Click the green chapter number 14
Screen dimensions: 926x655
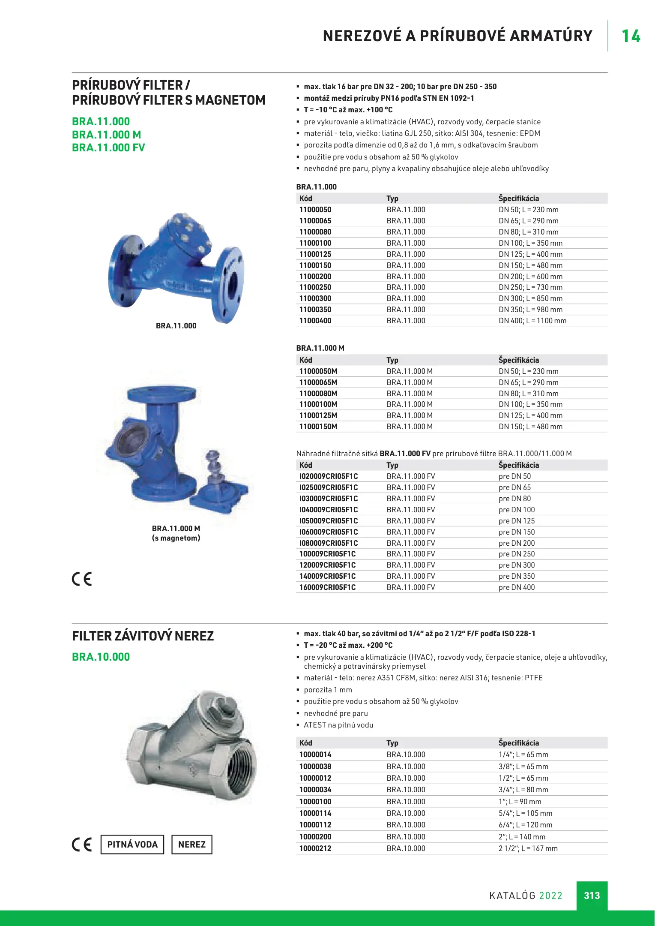point(631,36)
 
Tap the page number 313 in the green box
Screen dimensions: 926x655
point(592,895)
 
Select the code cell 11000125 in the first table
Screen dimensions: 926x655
point(315,254)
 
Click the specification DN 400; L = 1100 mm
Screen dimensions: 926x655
point(532,321)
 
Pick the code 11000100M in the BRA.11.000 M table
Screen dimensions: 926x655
point(318,404)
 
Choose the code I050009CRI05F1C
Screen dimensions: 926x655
point(329,521)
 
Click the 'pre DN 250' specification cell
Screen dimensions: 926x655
point(517,554)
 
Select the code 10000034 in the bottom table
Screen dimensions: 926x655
point(315,790)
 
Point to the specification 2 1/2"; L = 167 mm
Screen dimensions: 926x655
point(528,848)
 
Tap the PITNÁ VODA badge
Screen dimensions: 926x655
point(132,845)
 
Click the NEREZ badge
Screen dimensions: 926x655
point(192,845)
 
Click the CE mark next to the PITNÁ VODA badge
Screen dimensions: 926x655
point(81,845)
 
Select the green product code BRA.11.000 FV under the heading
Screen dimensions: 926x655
point(108,147)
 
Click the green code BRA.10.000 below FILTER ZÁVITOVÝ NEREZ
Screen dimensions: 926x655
point(101,657)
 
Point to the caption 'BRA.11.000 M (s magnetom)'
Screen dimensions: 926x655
point(176,533)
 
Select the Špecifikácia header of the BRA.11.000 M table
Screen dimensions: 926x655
point(518,360)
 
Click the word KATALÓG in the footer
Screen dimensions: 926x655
point(512,896)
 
